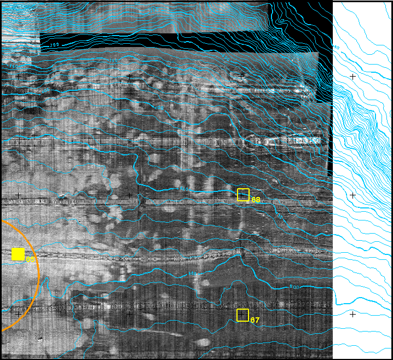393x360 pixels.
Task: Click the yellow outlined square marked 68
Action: pos(243,195)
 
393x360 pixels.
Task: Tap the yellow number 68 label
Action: pos(256,200)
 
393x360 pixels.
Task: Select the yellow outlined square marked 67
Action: pos(242,315)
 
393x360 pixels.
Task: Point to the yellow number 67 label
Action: pos(254,320)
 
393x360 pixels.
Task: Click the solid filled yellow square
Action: pos(18,254)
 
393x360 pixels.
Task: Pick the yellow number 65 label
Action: pos(31,259)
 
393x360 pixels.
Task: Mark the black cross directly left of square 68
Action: pos(129,195)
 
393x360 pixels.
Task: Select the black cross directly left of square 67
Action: pos(129,314)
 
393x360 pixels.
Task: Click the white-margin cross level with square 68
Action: pos(353,195)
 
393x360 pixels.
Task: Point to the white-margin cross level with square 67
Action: pos(353,314)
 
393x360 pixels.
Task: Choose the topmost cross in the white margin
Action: pos(353,77)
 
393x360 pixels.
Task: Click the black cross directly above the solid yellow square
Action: pos(19,195)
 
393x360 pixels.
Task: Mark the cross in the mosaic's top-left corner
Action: pos(19,77)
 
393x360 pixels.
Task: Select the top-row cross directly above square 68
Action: pos(241,77)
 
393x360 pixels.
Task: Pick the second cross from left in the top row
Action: pos(129,77)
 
